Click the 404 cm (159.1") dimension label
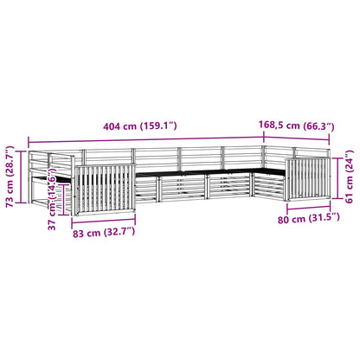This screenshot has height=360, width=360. click(140, 126)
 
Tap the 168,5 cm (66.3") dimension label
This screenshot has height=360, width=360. click(297, 125)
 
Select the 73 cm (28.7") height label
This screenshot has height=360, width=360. click(10, 177)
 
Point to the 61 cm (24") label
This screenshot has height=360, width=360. click(350, 177)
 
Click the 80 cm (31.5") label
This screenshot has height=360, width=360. click(309, 218)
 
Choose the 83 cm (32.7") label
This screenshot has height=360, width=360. click(104, 232)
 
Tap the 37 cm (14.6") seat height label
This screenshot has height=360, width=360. click(52, 200)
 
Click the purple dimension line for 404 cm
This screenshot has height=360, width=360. click(146, 139)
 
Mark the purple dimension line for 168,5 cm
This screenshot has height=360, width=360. click(297, 138)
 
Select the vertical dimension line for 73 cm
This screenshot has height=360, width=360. click(21, 177)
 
